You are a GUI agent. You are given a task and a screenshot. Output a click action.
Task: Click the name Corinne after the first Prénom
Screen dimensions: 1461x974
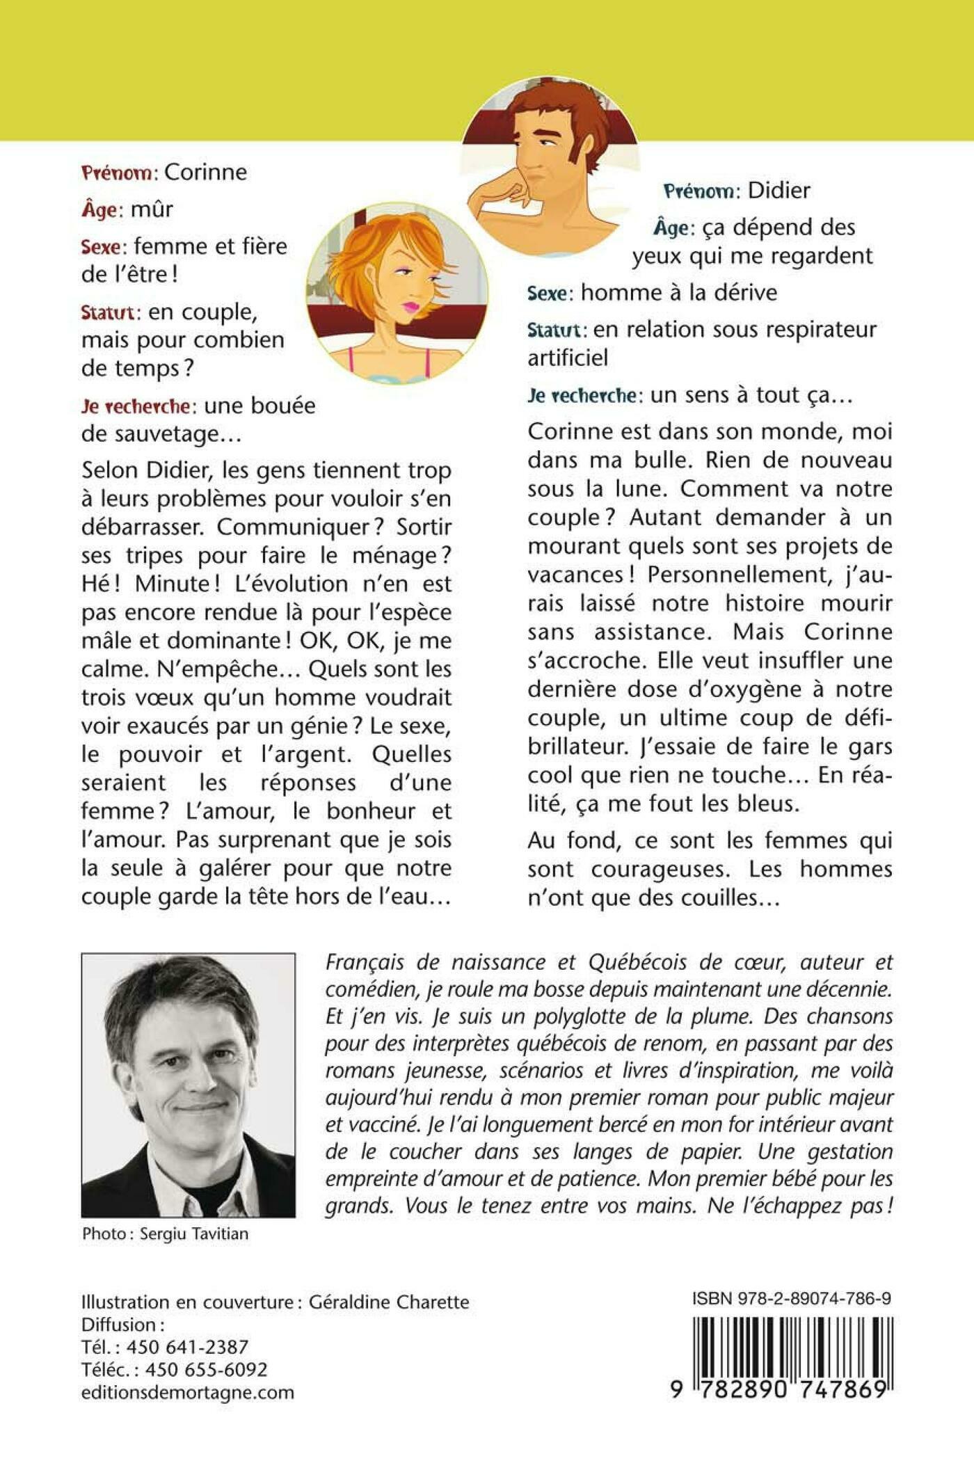205,173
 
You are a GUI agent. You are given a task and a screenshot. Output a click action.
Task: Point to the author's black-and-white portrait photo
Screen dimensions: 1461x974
188,1085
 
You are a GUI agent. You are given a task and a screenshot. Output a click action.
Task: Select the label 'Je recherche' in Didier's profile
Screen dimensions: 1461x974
582,396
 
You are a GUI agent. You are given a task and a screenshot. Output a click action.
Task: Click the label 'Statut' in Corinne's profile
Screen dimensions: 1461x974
111,312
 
